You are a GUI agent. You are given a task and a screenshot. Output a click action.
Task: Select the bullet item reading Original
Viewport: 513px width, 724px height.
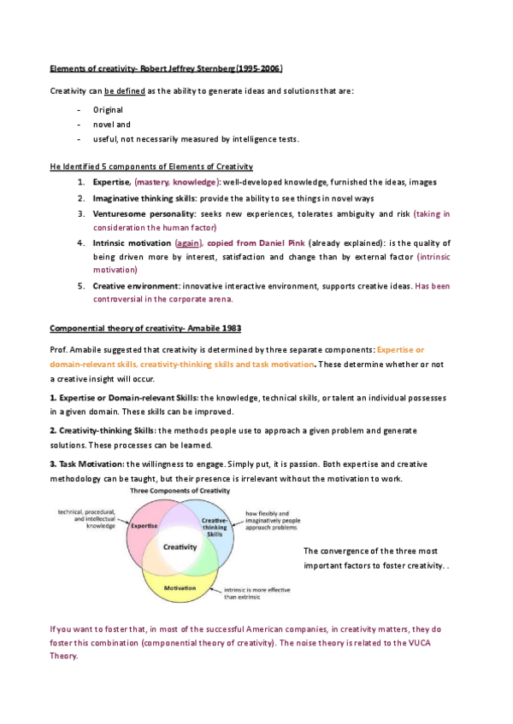(108, 109)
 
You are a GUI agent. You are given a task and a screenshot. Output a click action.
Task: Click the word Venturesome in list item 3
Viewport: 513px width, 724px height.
(120, 213)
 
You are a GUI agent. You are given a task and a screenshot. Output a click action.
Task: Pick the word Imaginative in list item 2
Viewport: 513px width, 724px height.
(118, 198)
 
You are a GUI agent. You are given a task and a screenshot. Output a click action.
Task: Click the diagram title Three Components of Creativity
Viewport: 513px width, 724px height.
(179, 493)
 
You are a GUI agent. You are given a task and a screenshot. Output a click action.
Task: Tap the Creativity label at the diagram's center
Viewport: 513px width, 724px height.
(180, 546)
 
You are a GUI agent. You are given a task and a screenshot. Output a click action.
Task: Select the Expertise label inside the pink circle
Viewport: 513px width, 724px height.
(143, 527)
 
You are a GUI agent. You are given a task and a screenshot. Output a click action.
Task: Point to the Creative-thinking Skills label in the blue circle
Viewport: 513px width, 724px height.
(215, 529)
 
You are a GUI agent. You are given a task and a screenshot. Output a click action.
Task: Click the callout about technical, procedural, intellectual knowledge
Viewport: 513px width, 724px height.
(87, 519)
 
